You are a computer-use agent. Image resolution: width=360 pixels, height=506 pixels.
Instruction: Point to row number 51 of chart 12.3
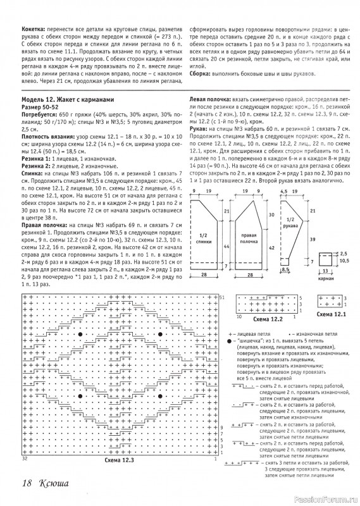coord(222,279)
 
